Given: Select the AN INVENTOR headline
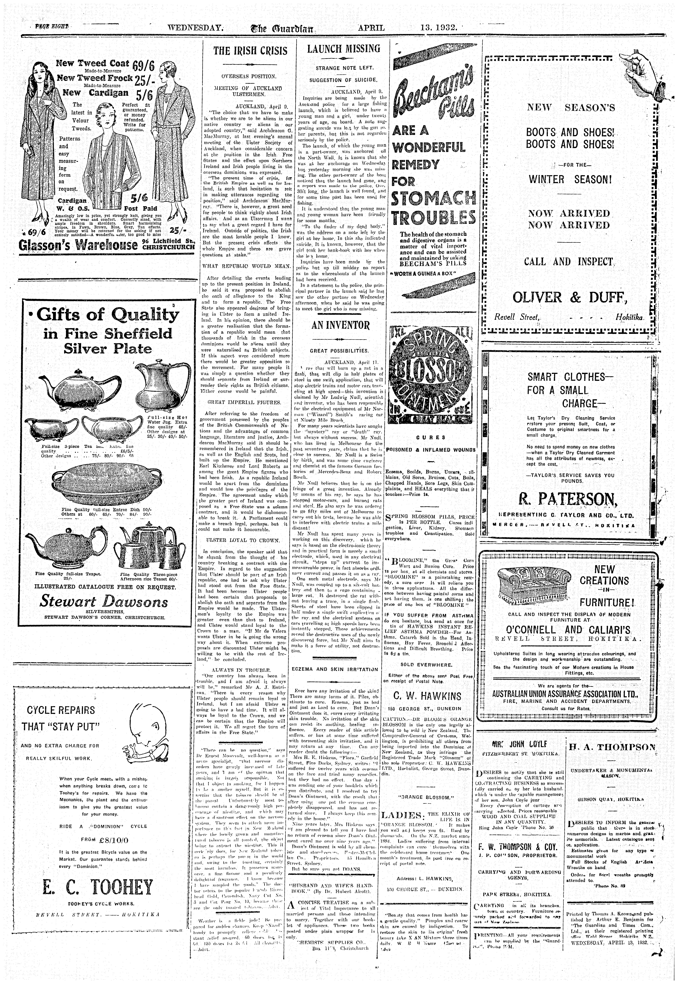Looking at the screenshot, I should (x=341, y=326).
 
